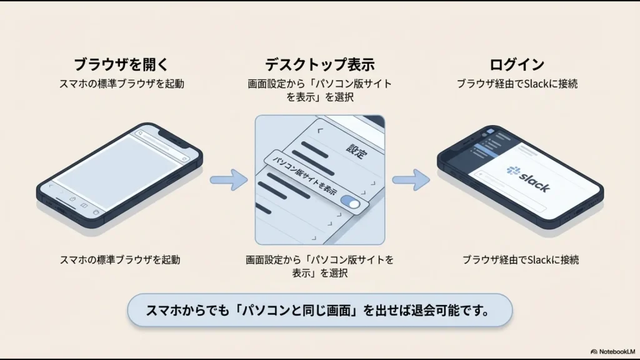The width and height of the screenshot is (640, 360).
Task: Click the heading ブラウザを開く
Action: [121, 64]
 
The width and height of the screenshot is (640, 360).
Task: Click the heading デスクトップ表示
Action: [319, 64]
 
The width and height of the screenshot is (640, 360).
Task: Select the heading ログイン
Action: [516, 64]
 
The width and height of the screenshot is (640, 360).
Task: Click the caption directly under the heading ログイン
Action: [516, 84]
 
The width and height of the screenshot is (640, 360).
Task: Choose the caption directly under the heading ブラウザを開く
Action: [121, 84]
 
